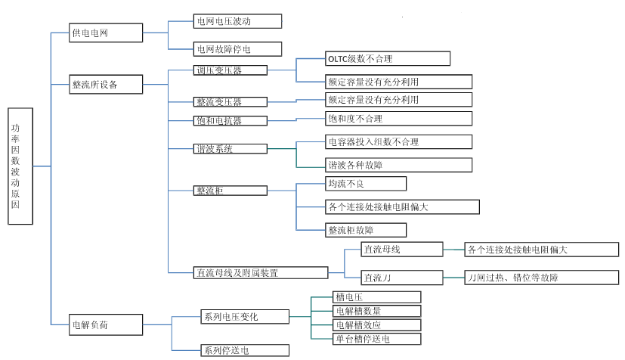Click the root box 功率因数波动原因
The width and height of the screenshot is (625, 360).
20,166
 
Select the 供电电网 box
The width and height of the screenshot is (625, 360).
106,33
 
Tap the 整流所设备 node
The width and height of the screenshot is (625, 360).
106,84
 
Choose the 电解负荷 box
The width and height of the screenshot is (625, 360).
106,325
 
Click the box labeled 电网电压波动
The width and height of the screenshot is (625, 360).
237,21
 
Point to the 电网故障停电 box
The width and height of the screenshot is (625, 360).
237,50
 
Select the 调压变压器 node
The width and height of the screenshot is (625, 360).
230,70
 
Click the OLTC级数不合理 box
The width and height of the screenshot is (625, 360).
388,58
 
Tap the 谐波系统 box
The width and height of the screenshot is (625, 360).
230,149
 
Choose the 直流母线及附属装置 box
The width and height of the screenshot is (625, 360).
260,272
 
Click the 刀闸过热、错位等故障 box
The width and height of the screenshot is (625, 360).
541,278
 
